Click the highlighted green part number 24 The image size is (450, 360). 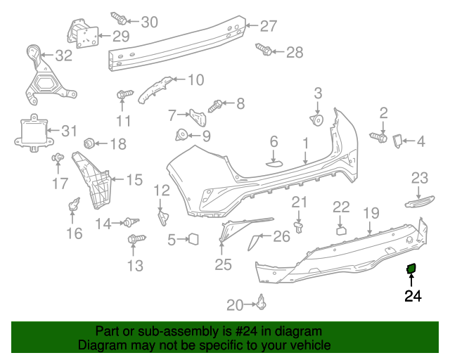pyautogui.click(x=411, y=267)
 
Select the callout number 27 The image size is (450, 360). pyautogui.click(x=269, y=26)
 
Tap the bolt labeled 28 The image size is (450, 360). pyautogui.click(x=266, y=51)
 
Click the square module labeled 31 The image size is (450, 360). pyautogui.click(x=30, y=130)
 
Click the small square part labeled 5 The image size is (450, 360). pyautogui.click(x=193, y=239)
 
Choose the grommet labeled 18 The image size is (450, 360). pyautogui.click(x=89, y=143)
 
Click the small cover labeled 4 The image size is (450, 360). pyautogui.click(x=396, y=141)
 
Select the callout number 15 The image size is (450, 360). pyautogui.click(x=134, y=179)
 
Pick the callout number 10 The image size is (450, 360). pyautogui.click(x=195, y=79)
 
